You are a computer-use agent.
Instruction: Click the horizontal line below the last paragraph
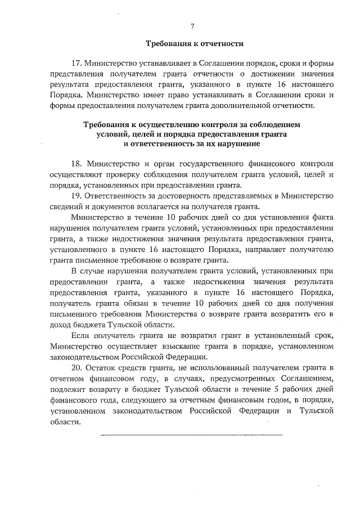191,434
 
